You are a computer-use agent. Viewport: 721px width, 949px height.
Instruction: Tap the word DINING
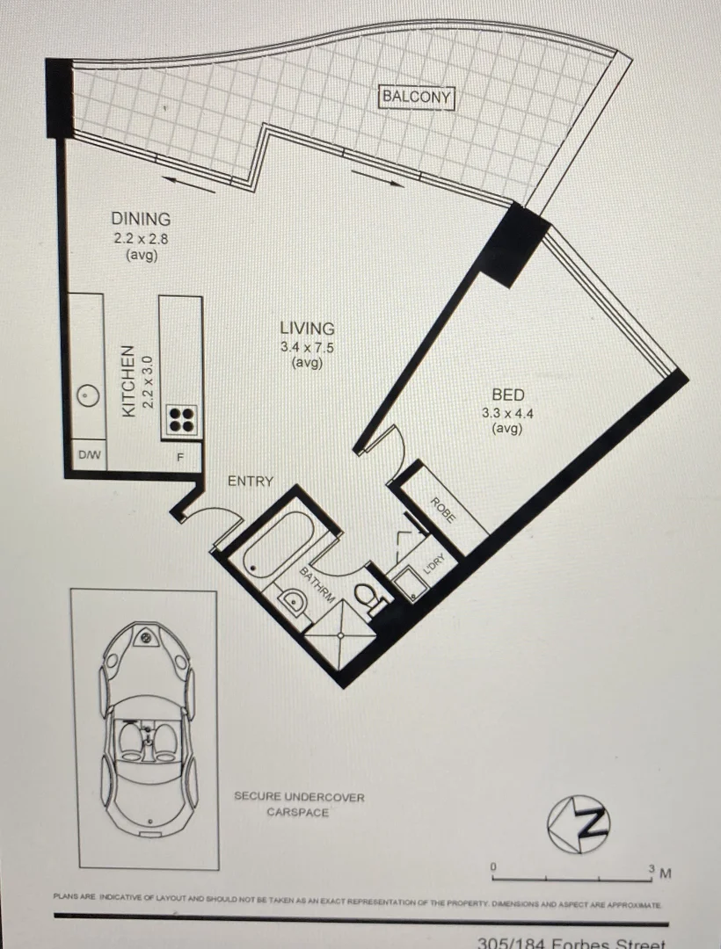(141, 219)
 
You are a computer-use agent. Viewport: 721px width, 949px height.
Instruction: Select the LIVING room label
(307, 328)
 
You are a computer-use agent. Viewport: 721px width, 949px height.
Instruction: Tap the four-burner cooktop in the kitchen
(182, 419)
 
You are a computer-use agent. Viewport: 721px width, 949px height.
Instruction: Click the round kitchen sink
(86, 396)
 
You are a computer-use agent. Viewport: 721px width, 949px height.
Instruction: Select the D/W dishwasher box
(88, 455)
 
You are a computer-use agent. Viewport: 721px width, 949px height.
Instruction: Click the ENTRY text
(251, 482)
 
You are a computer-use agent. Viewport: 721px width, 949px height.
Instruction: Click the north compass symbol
(579, 824)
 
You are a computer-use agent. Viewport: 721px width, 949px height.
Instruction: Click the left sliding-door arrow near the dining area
(188, 184)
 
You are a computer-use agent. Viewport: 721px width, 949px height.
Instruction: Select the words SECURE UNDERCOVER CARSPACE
(298, 804)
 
